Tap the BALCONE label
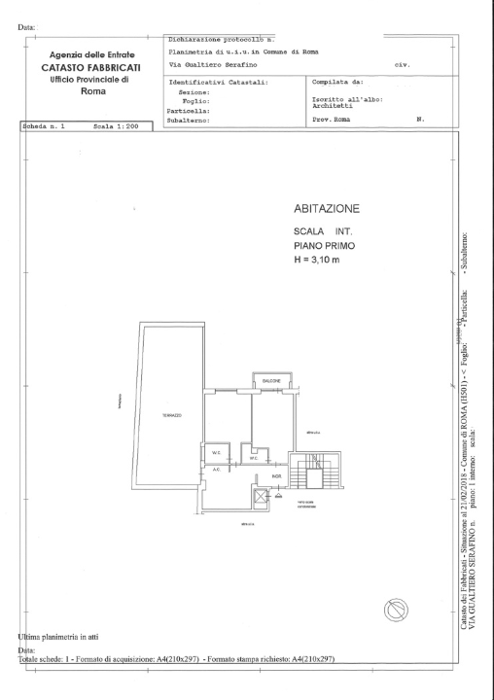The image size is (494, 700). [x=271, y=379]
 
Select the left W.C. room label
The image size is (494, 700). [x=215, y=451]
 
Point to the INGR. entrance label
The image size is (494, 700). [x=276, y=475]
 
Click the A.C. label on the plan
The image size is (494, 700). [x=216, y=470]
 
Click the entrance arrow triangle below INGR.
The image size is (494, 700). [x=279, y=494]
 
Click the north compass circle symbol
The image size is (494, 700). [x=397, y=611]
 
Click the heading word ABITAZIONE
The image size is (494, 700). [x=326, y=209]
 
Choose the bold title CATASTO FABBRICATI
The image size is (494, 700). [x=89, y=68]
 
